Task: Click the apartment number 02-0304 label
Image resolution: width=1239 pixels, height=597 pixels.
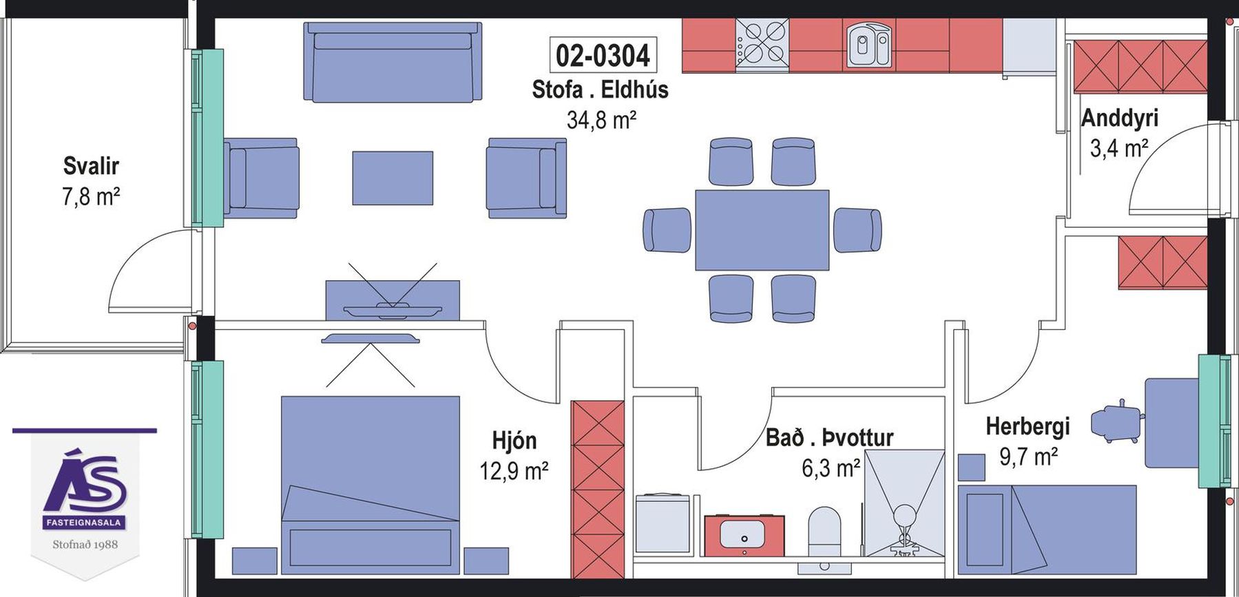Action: (603, 55)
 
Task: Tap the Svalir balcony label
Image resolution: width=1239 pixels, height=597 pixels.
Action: (91, 166)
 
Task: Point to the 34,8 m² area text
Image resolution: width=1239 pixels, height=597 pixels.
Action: (601, 120)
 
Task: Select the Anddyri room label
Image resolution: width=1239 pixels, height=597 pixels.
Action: (1119, 118)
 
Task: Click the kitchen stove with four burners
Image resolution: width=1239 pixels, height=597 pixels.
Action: (762, 44)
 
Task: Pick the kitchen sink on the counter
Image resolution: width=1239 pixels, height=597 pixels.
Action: (868, 44)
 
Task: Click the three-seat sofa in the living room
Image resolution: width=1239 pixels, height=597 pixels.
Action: (393, 61)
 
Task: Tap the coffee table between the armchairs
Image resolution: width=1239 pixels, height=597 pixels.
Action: (393, 178)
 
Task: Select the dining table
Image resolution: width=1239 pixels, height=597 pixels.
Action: (762, 230)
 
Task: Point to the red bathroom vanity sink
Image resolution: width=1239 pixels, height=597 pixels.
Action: (744, 535)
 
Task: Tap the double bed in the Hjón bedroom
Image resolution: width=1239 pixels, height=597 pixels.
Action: (370, 485)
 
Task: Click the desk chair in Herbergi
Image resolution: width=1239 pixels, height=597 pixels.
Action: (1116, 421)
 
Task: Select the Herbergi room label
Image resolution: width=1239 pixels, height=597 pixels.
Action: (1028, 426)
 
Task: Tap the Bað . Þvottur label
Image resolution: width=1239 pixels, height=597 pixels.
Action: (829, 437)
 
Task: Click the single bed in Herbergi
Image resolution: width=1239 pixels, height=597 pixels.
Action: (1047, 530)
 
